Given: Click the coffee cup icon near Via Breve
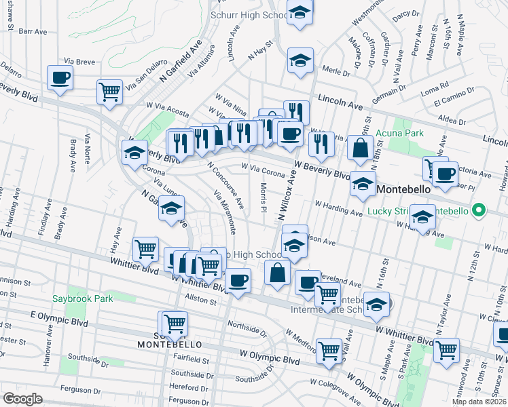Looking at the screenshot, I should coord(60,77).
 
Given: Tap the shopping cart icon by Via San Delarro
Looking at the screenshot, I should coord(109,92).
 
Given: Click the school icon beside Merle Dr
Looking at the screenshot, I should coord(300,60).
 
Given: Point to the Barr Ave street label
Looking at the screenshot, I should coord(33,31).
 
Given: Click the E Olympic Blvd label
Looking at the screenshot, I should coord(60,319).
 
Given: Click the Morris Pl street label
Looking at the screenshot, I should coord(264,197).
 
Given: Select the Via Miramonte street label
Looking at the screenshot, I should coord(225,212).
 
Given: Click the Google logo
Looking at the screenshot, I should coord(22,399).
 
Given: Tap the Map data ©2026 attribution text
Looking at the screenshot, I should coord(479,402).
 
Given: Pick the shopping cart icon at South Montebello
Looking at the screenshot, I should coord(175,323).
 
